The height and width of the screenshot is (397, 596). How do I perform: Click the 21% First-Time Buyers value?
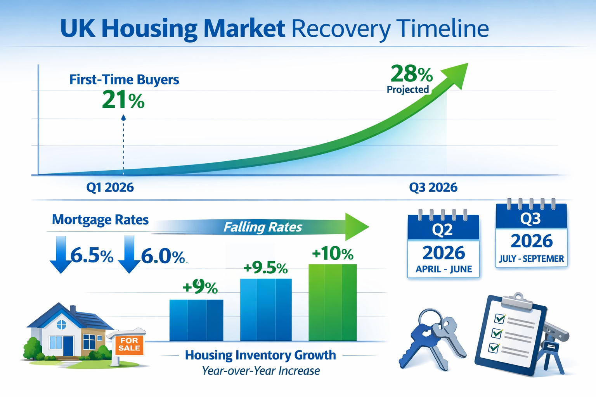point(123,100)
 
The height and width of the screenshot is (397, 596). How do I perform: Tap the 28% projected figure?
point(411,74)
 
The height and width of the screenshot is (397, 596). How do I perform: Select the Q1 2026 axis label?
point(110,188)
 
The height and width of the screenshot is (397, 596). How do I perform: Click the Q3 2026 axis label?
point(433,188)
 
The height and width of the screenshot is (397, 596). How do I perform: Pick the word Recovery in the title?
point(341,29)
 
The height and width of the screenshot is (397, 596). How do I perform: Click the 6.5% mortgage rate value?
point(92,256)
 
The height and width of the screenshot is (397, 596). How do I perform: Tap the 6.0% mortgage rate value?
point(163,256)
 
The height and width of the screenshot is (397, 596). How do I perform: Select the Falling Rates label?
point(263,227)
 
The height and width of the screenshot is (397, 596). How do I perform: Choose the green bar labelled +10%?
point(333,302)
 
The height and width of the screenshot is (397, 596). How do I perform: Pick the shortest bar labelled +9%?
point(196,320)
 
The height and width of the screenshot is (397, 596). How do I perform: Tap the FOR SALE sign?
point(129,344)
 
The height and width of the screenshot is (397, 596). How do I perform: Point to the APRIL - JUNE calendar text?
point(444,269)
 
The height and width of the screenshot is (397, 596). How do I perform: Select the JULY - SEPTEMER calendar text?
point(531,259)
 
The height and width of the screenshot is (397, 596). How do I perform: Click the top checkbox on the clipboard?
point(499,319)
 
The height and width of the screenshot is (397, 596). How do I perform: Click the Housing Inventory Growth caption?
point(260,355)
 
